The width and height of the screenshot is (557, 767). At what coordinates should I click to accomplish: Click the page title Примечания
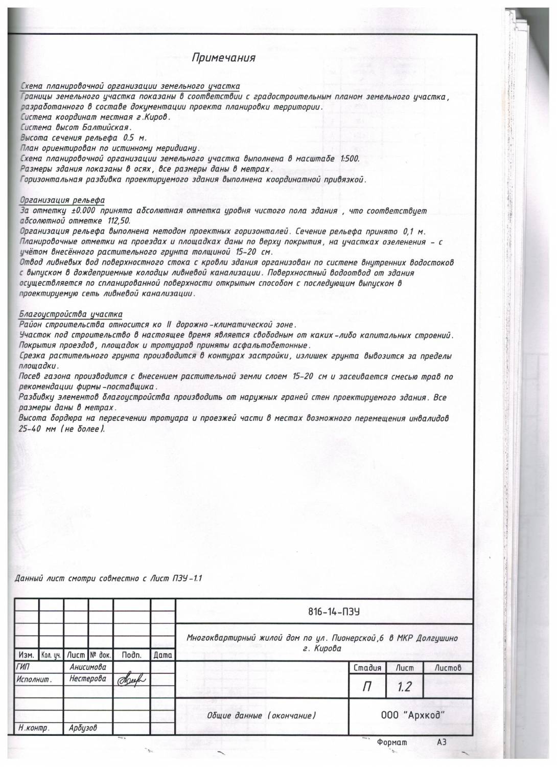[x=223, y=58]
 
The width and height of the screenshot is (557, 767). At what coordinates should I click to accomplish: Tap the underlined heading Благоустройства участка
[x=71, y=314]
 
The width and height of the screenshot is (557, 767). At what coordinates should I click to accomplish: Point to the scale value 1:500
[x=350, y=159]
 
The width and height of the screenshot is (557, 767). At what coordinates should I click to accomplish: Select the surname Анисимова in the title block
[x=87, y=667]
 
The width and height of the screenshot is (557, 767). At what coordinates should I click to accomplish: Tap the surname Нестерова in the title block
[x=87, y=679]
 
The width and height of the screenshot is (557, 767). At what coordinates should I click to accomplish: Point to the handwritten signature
[x=131, y=680]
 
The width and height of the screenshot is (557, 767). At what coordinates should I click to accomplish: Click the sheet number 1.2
[x=404, y=687]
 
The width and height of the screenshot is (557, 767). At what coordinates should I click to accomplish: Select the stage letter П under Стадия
[x=366, y=687]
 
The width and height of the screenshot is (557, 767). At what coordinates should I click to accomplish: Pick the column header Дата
[x=163, y=655]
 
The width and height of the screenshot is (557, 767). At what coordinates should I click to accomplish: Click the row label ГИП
[x=24, y=667]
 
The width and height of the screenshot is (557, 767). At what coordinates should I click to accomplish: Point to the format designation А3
[x=442, y=742]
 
